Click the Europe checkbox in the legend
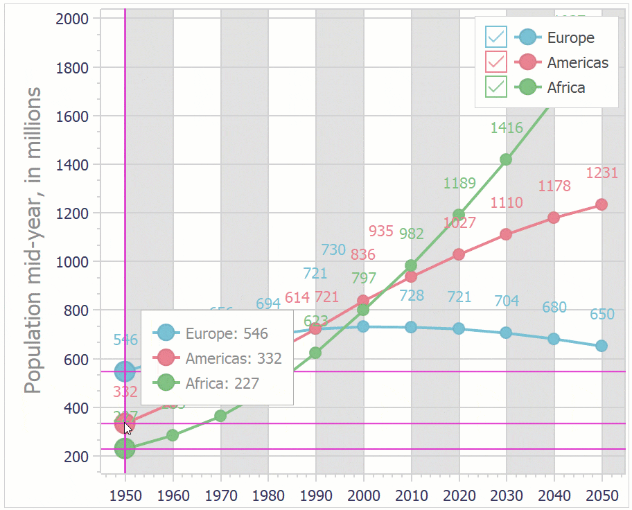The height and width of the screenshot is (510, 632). pyautogui.click(x=496, y=37)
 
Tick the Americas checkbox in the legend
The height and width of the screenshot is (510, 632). pyautogui.click(x=496, y=62)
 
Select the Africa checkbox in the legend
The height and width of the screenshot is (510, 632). pyautogui.click(x=496, y=87)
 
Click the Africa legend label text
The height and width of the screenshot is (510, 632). pyautogui.click(x=566, y=87)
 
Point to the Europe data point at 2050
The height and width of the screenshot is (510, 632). pyautogui.click(x=602, y=346)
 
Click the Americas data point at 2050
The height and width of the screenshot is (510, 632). pyautogui.click(x=602, y=204)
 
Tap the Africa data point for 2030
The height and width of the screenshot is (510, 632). pyautogui.click(x=506, y=159)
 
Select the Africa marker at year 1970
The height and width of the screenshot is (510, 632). pyautogui.click(x=220, y=416)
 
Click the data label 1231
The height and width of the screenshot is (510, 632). pyautogui.click(x=602, y=173)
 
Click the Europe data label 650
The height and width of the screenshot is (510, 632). pyautogui.click(x=602, y=315)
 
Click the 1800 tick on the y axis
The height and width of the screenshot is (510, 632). pyautogui.click(x=72, y=67)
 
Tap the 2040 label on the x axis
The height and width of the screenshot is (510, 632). pyautogui.click(x=554, y=496)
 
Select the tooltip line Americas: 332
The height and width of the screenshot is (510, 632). pyautogui.click(x=234, y=358)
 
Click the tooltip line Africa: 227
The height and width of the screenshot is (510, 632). pyautogui.click(x=222, y=382)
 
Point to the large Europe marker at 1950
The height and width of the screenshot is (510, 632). pyautogui.click(x=125, y=372)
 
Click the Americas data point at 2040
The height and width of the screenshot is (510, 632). pyautogui.click(x=554, y=218)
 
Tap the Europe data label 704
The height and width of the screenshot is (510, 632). pyautogui.click(x=507, y=301)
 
